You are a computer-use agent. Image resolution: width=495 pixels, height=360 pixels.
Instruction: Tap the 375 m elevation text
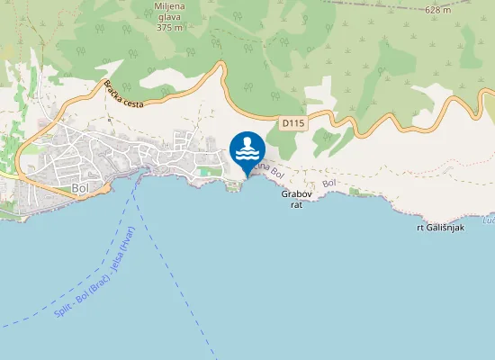pos(170,27)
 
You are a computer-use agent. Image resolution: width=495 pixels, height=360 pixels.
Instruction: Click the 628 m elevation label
pos(437,9)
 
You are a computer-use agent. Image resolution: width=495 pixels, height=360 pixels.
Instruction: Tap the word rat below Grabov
pos(296,205)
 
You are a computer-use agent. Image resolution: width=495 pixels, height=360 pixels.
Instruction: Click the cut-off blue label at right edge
pos(489,220)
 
